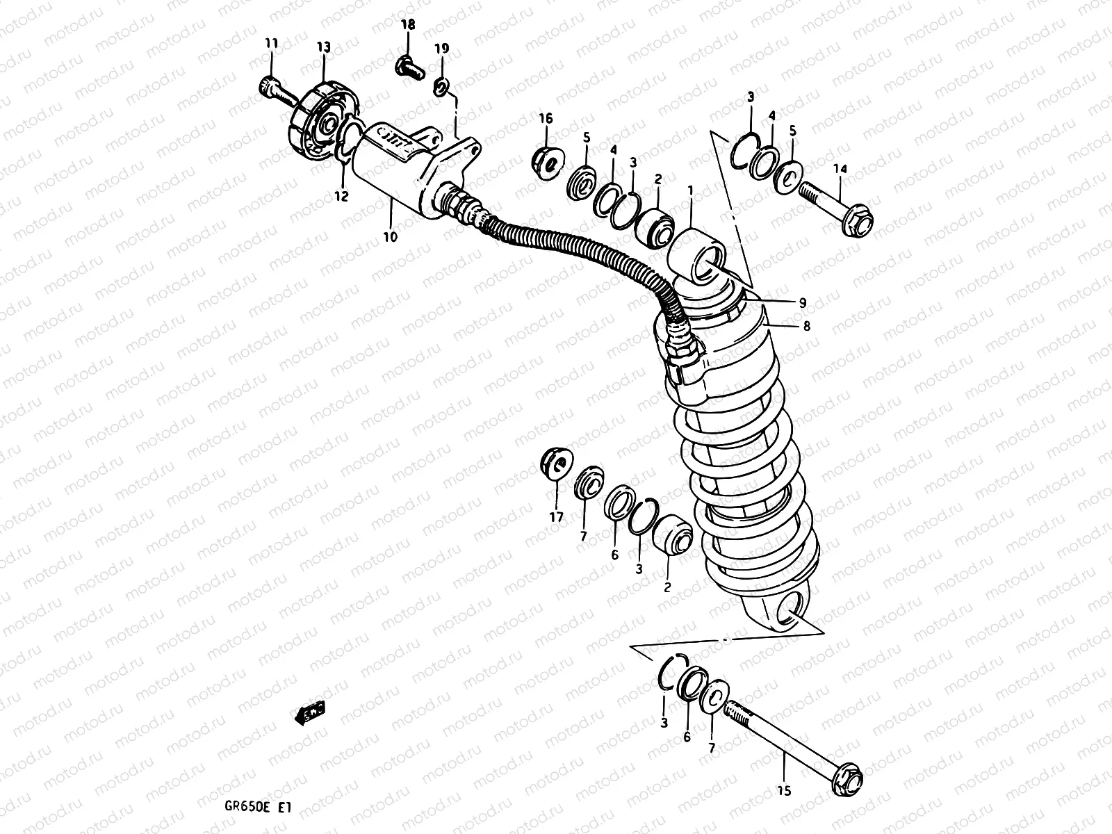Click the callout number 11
click(x=270, y=44)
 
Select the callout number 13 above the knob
click(x=325, y=47)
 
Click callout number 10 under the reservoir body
click(x=390, y=237)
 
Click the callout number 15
click(x=784, y=791)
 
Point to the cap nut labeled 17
click(x=556, y=464)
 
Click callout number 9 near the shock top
click(x=802, y=302)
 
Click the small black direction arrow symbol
click(x=309, y=712)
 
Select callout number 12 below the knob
click(x=341, y=197)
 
